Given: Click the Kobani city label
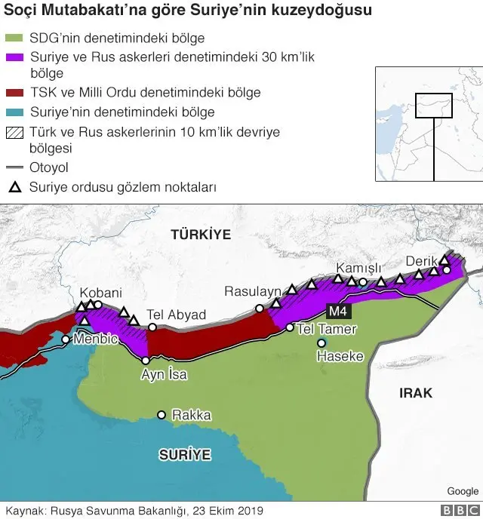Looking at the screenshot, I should (101, 293).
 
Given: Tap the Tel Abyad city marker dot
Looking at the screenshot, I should (152, 327).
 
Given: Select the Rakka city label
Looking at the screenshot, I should (192, 415).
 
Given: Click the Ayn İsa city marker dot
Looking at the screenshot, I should (146, 361).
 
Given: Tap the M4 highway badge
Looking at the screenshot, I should (337, 311).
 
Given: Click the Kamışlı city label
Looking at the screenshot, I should (358, 269).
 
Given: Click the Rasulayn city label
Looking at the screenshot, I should (252, 291).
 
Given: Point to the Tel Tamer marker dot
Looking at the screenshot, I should (289, 327).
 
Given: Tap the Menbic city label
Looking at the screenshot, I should (95, 339).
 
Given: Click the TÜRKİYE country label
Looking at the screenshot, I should (200, 235).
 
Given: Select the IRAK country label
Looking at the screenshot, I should (416, 393).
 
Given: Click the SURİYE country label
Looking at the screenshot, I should (184, 454).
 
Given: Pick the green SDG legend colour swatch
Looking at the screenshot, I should (14, 38).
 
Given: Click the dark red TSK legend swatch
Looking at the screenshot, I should (14, 93).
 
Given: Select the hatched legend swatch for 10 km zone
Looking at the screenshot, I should (14, 131).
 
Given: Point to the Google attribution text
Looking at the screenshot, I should (463, 491).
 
